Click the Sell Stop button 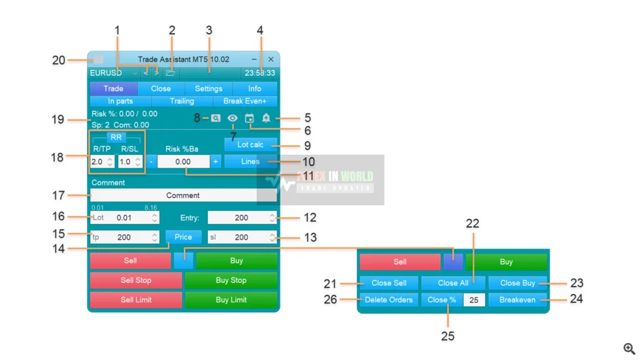click(136, 280)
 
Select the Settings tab click(208, 88)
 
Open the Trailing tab click(182, 101)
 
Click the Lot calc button click(250, 145)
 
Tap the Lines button click(250, 162)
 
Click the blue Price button click(183, 237)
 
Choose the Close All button click(453, 283)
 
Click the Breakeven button click(517, 300)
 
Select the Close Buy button click(517, 283)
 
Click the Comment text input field click(183, 195)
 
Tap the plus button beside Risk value click(215, 162)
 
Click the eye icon click(232, 118)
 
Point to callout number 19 click(58, 119)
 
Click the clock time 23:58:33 click(260, 73)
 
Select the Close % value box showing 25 click(473, 300)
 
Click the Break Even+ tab click(245, 101)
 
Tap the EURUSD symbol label click(106, 73)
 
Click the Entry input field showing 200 click(238, 218)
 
